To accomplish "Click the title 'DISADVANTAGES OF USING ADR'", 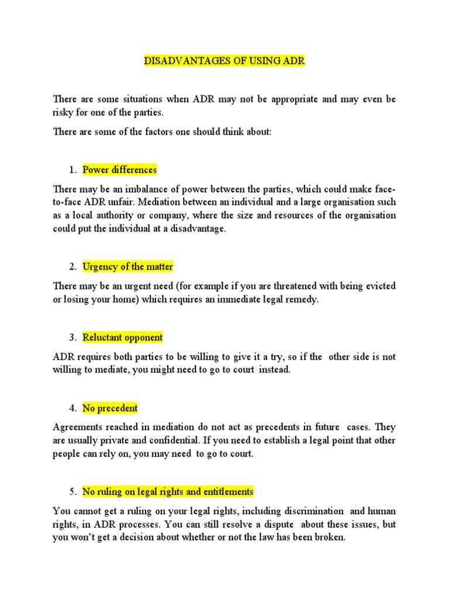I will click(x=224, y=61).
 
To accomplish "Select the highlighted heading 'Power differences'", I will click(x=119, y=170).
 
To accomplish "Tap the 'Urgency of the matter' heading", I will click(x=127, y=267).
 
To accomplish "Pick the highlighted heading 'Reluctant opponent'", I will click(x=122, y=338).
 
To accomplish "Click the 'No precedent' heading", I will click(x=110, y=408).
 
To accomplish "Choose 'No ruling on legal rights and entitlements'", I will click(x=168, y=491).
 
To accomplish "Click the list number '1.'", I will click(x=72, y=170).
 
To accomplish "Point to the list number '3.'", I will click(x=72, y=338).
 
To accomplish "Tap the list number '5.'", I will click(x=72, y=491).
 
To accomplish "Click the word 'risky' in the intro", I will click(x=63, y=113).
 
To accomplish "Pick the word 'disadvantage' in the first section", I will click(x=196, y=229).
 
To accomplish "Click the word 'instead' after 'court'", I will click(x=275, y=370).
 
